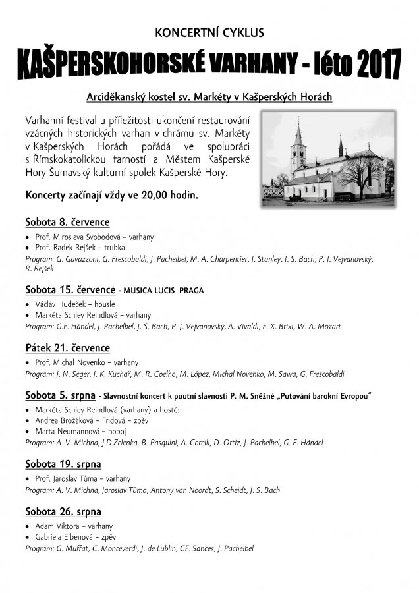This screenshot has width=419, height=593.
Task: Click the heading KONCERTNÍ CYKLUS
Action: tap(209, 31)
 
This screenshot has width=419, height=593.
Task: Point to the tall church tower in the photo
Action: tap(298, 148)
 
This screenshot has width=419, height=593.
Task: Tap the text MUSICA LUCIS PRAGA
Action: tap(161, 290)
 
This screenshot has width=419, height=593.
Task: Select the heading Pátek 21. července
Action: tap(67, 348)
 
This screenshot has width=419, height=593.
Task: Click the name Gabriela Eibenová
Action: tap(65, 537)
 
